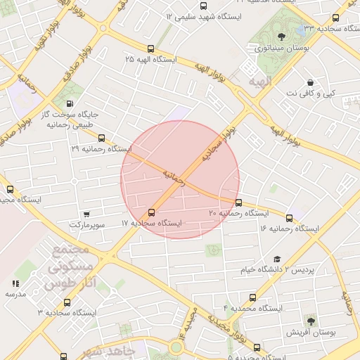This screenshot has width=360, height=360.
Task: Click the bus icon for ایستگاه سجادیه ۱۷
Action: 151,212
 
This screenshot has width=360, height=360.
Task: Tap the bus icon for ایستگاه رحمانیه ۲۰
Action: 238,203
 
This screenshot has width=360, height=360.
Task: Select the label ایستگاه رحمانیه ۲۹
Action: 101,149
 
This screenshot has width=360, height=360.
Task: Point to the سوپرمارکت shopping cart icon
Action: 86,214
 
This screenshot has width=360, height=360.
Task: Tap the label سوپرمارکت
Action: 86,224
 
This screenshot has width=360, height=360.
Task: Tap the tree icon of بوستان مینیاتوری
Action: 282,37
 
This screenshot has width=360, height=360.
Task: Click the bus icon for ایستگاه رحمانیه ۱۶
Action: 289,217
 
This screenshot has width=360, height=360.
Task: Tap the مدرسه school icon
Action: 15,283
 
